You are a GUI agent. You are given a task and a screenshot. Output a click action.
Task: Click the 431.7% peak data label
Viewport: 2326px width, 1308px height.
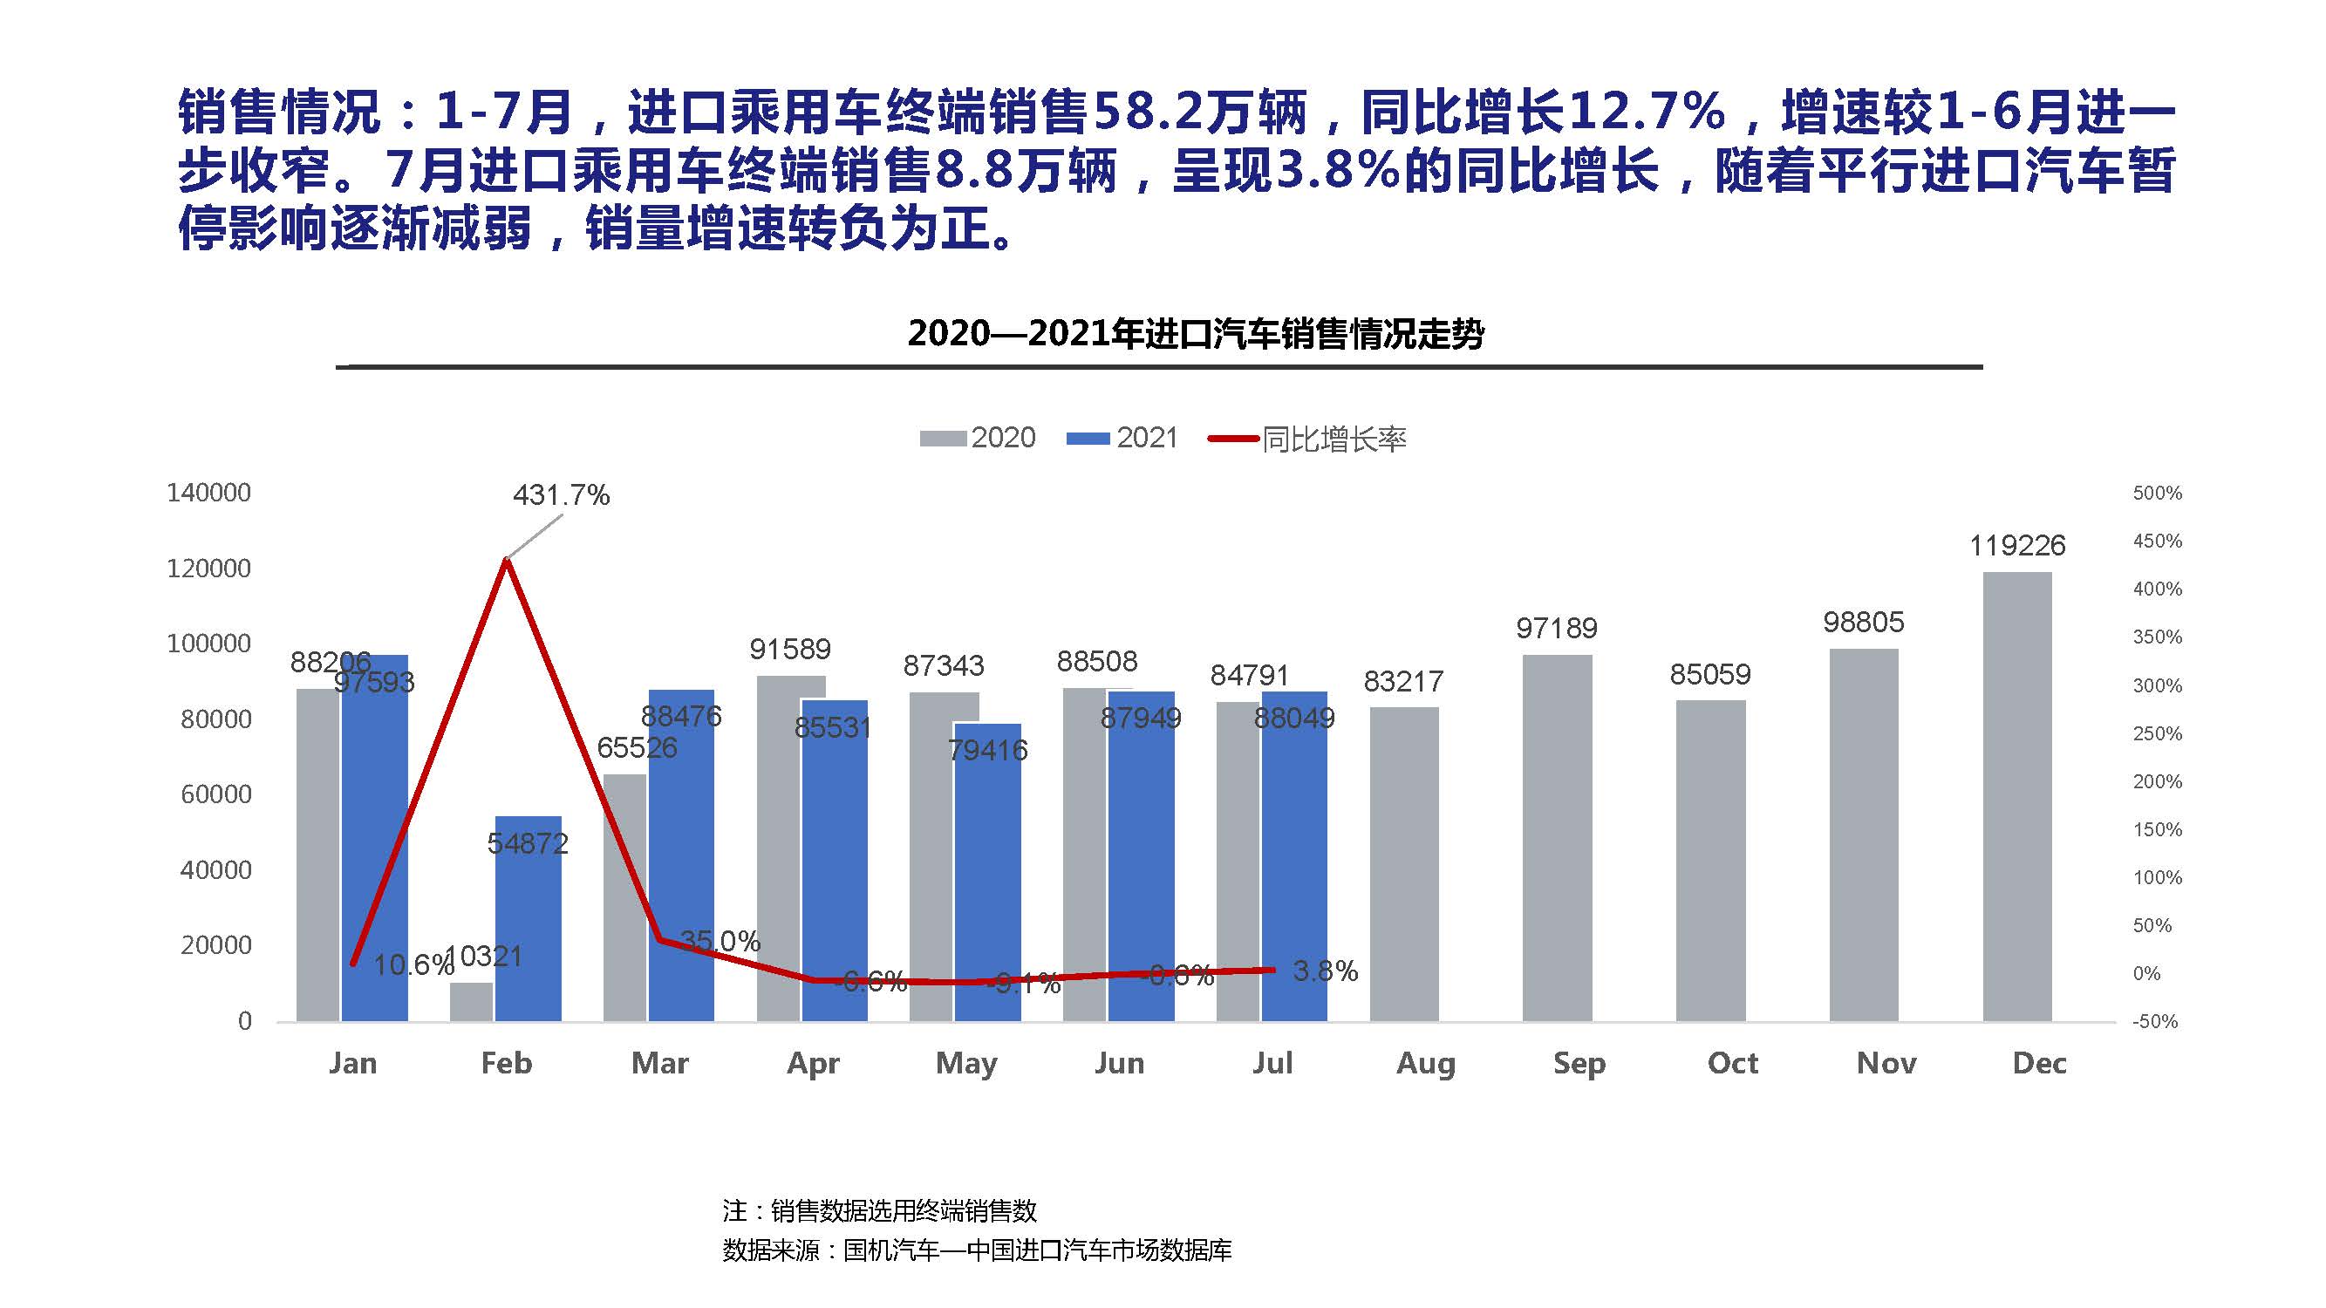(x=561, y=494)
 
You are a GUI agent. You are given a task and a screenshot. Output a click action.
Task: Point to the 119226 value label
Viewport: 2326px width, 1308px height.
(x=2016, y=545)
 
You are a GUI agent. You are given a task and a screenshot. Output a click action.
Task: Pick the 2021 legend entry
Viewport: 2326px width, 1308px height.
(x=1123, y=439)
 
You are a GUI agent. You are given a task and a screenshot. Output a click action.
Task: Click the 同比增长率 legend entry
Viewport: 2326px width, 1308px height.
(x=1308, y=439)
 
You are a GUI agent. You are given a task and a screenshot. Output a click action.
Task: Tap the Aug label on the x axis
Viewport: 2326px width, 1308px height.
(x=1426, y=1063)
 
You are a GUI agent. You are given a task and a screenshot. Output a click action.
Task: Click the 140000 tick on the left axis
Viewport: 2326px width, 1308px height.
(x=208, y=493)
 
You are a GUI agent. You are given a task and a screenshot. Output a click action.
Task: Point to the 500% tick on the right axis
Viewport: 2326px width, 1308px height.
(x=2157, y=493)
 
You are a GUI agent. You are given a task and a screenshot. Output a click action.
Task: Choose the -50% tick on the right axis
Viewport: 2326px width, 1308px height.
(x=2155, y=1022)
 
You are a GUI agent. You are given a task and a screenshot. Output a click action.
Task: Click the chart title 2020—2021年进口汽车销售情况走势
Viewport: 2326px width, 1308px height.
(x=1195, y=334)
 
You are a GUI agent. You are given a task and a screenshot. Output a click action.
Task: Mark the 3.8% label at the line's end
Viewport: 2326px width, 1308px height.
(x=1325, y=971)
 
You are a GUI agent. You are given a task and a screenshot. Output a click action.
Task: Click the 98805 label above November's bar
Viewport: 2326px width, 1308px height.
(x=1863, y=622)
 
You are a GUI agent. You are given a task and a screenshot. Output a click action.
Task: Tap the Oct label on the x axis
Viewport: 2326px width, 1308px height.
(x=1732, y=1063)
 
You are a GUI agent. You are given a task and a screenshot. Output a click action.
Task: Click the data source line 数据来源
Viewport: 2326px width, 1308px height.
(x=977, y=1250)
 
